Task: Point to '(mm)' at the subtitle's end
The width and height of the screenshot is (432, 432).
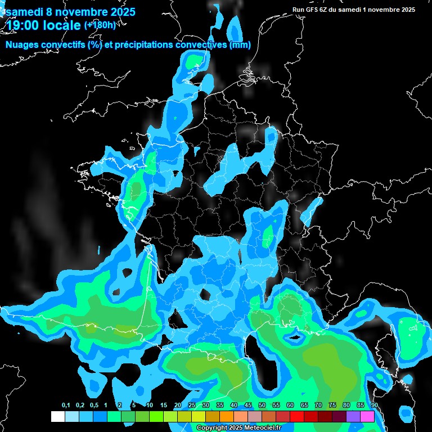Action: point(240,45)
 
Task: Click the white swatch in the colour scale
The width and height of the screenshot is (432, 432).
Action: point(57,416)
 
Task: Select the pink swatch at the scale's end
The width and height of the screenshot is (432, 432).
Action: point(367,416)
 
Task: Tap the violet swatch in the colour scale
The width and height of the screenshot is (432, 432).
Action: point(353,416)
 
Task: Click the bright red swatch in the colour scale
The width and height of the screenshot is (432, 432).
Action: point(297,416)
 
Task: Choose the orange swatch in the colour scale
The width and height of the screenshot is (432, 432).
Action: point(226,416)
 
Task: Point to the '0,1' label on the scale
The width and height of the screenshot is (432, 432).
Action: point(66,406)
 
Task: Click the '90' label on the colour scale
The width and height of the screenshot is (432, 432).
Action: point(375,406)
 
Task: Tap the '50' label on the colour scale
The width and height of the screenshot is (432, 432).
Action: point(262,406)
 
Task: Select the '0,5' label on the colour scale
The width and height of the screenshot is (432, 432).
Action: point(93,406)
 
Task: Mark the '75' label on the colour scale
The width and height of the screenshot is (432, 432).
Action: point(332,406)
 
